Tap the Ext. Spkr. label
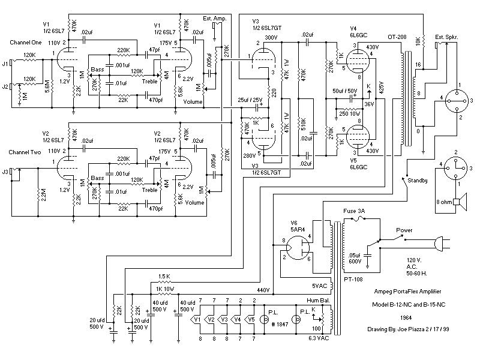(x=446, y=37)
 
